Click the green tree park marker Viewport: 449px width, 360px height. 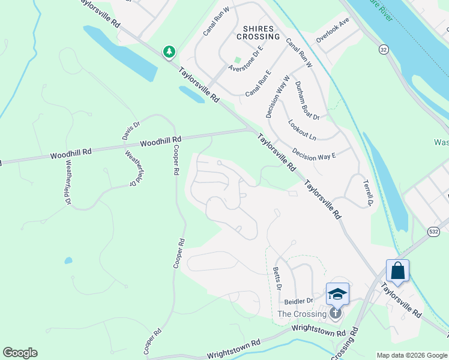point(169,52)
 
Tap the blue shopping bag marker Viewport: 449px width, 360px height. point(397,271)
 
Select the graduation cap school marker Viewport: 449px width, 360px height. point(337,294)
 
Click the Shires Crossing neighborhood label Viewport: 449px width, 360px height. point(261,32)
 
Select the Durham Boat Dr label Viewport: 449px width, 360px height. point(307,100)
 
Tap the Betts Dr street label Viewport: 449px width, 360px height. point(277,278)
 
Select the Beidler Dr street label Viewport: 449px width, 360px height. point(299,301)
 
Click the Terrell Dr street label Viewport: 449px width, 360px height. point(368,191)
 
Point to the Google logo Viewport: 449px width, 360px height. point(20,353)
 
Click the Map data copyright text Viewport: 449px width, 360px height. point(412,355)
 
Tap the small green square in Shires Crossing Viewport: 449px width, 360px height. point(237,59)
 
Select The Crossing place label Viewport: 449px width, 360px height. point(302,314)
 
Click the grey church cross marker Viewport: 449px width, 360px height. point(336,313)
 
